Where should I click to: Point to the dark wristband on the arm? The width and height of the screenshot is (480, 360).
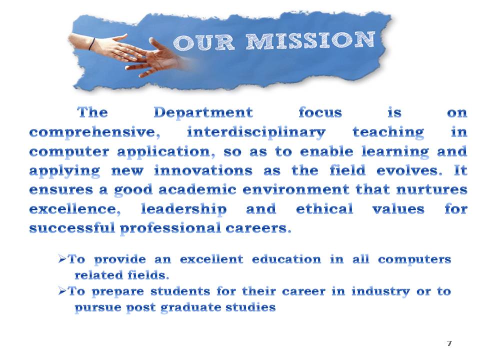(91, 44)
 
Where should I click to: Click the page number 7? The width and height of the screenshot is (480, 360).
(449, 343)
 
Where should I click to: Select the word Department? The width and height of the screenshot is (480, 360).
(203, 112)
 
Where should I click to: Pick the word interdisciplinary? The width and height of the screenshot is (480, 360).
(256, 132)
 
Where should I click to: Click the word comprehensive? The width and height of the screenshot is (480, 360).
(98, 132)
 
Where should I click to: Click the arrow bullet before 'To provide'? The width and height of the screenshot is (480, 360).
(62, 259)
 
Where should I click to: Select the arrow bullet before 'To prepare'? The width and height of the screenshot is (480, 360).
(62, 291)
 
